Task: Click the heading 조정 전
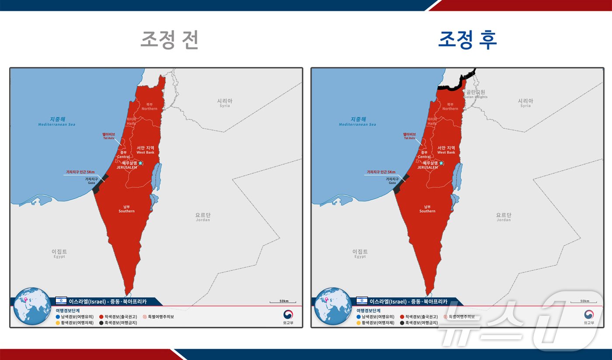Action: point(170,40)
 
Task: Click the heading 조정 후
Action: point(467,40)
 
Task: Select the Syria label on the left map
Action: point(225,103)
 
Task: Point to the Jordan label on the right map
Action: point(504,217)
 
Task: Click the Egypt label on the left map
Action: point(59,253)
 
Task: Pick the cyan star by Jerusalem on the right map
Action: point(442,163)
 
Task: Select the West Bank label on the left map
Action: point(146,150)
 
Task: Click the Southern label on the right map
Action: point(427,209)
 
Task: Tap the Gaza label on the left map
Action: point(91,180)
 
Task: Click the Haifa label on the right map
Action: point(432,121)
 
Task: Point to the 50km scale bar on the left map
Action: point(283,301)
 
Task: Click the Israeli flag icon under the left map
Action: point(61,301)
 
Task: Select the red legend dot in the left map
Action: point(101,316)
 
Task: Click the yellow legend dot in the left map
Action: point(58,323)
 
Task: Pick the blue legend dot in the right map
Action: point(359,316)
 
